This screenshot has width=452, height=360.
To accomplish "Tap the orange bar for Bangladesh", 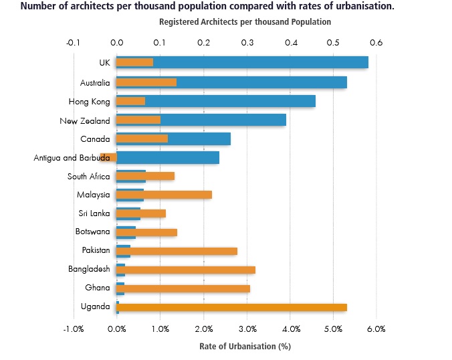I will (x=187, y=270).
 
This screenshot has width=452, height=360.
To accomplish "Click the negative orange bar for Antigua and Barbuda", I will (x=108, y=157).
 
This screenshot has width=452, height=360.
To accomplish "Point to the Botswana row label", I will (x=92, y=232).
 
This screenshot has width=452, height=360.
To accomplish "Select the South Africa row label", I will (x=88, y=177).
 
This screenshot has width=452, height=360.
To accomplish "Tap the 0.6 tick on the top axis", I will (x=376, y=43).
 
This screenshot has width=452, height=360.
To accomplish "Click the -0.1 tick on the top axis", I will (x=73, y=43).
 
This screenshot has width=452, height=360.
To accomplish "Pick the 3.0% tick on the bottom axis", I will (x=247, y=329).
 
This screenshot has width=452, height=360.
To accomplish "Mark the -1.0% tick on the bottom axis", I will (x=73, y=329).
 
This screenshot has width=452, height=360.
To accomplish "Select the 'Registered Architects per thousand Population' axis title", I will (x=245, y=22).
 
